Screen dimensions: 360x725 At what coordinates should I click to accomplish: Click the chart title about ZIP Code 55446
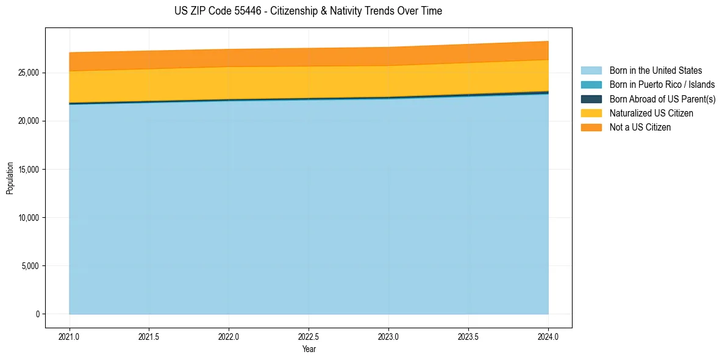(x=308, y=11)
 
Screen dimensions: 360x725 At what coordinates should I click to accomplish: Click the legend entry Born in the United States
(x=655, y=71)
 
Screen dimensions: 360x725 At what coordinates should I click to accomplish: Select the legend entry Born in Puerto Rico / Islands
(x=662, y=85)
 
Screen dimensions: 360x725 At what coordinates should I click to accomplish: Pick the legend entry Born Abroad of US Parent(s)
(x=662, y=99)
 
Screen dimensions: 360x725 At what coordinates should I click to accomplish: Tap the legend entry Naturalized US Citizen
(x=651, y=113)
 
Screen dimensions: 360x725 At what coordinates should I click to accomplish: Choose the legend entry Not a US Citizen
(x=640, y=127)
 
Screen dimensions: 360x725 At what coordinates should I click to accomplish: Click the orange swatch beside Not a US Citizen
(x=591, y=127)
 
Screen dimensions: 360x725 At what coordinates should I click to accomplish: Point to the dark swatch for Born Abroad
(x=591, y=99)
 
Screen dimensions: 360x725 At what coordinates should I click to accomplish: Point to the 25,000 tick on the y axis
(x=29, y=73)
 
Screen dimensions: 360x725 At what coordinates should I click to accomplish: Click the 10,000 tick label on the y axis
(x=29, y=218)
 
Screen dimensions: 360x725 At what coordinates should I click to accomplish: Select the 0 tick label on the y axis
(x=37, y=314)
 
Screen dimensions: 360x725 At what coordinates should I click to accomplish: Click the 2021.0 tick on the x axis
(x=70, y=336)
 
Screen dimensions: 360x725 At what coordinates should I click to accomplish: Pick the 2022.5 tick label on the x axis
(x=309, y=336)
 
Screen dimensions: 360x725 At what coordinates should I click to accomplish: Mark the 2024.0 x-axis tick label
(x=548, y=336)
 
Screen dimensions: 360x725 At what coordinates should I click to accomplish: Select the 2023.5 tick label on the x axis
(x=468, y=336)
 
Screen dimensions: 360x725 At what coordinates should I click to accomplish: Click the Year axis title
(x=309, y=349)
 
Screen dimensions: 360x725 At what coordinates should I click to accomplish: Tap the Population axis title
(x=10, y=178)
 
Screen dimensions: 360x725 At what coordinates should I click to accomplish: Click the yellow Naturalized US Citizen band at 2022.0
(x=229, y=83)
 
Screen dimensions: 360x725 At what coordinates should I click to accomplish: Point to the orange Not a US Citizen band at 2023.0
(x=388, y=56)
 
